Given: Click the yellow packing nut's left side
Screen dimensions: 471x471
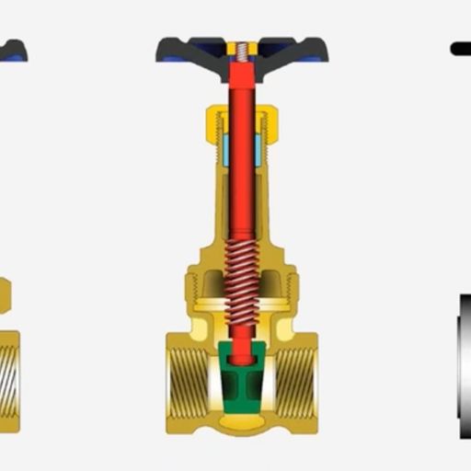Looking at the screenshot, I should (215, 120).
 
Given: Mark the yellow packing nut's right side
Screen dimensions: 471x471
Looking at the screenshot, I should (270, 120).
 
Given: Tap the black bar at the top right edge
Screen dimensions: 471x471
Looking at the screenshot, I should (460, 49).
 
